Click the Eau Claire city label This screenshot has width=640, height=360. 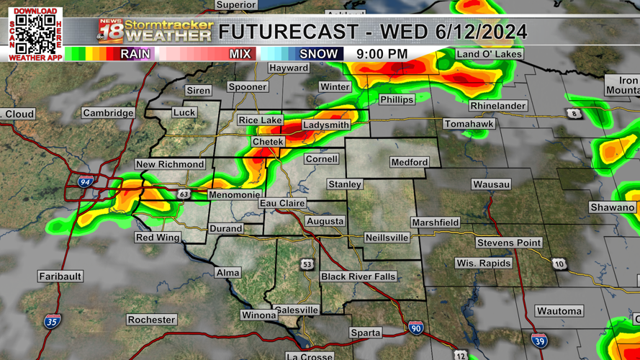[282, 204]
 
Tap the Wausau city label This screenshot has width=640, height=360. [491, 184]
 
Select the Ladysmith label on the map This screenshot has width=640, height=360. [326, 125]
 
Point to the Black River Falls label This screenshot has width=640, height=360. [359, 276]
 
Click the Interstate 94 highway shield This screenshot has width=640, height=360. [85, 182]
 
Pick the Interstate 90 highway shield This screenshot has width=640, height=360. [416, 328]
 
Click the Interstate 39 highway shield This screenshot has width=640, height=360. [539, 340]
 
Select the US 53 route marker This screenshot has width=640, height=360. [307, 264]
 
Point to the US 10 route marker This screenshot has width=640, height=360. [559, 264]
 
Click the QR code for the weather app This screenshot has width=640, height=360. [35, 34]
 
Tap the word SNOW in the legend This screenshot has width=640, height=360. [318, 54]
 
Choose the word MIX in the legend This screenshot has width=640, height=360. [240, 54]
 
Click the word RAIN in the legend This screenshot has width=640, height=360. [135, 54]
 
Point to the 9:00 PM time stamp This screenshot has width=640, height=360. [382, 54]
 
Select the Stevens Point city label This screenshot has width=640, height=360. [508, 243]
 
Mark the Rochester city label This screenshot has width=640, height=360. [151, 320]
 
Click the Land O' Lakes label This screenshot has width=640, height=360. [490, 54]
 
